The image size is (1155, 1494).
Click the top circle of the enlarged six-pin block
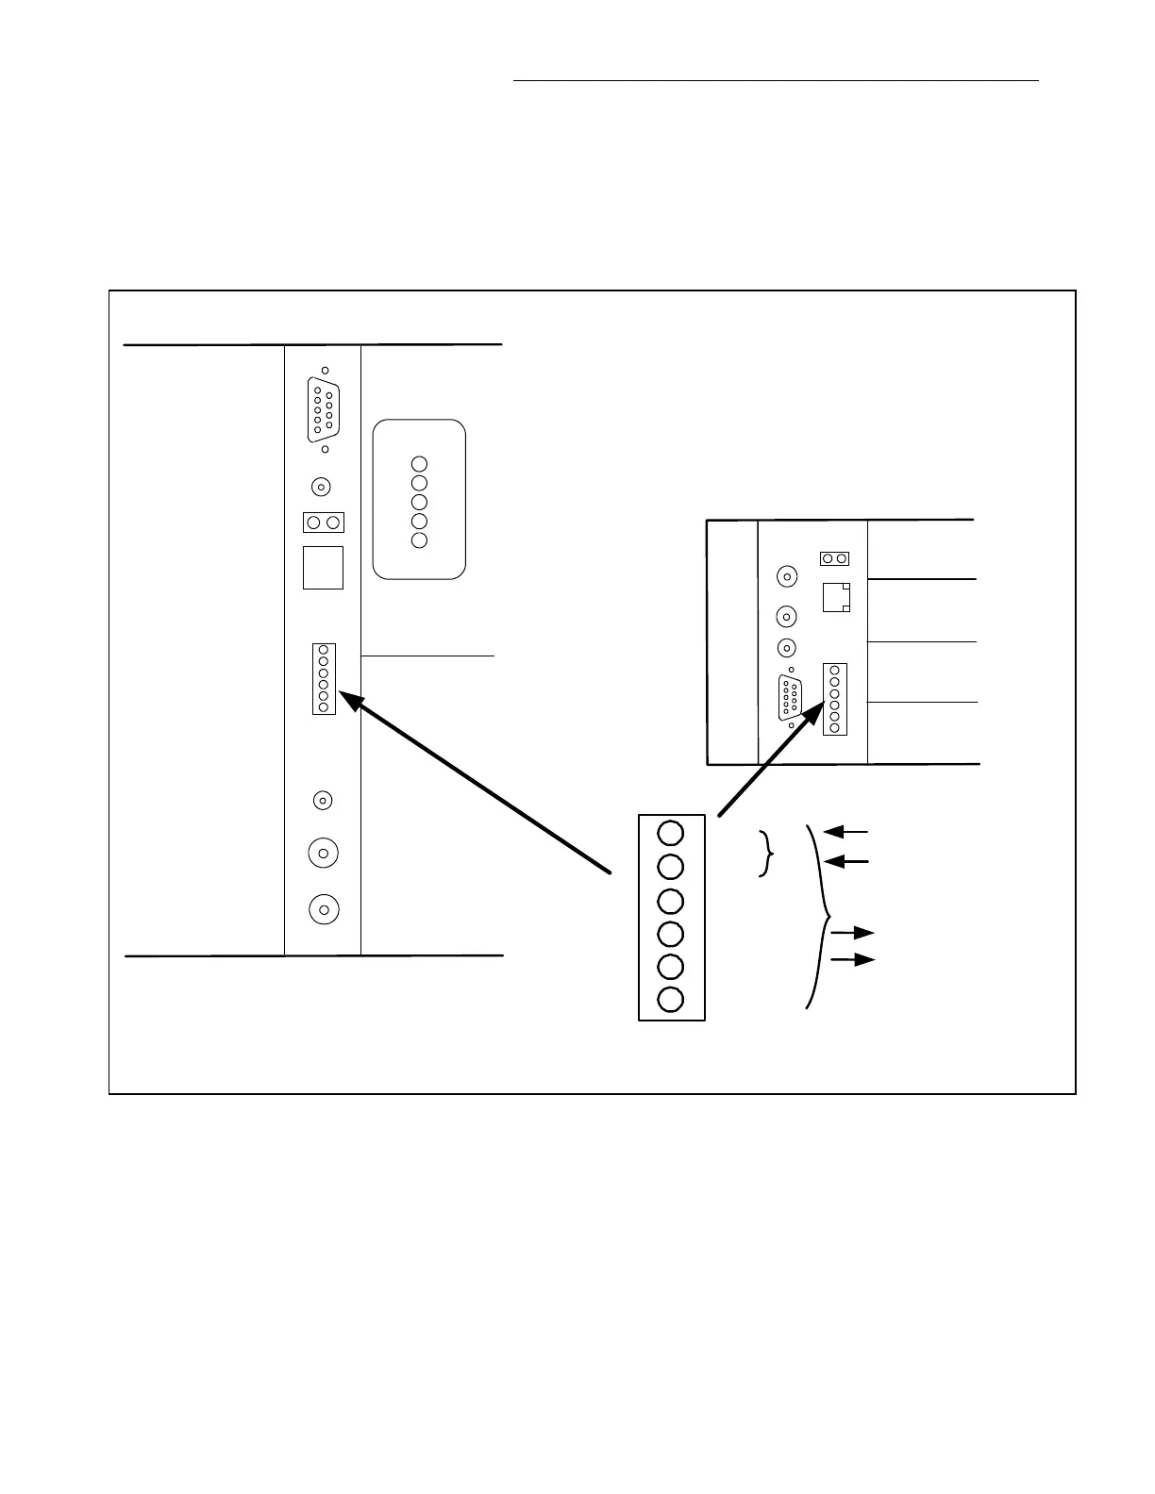coord(671,832)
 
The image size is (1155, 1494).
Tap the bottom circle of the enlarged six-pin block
coord(671,999)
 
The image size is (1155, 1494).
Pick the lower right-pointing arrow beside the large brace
coord(852,960)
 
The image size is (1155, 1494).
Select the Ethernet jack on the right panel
coord(836,597)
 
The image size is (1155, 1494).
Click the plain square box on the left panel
coord(323,568)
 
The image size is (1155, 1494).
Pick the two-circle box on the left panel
coord(323,523)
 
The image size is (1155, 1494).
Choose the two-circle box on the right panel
coord(834,558)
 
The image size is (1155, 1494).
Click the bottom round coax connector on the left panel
coord(324,909)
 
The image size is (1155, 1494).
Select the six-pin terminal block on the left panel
coord(324,679)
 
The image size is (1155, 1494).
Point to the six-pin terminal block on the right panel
coord(835,699)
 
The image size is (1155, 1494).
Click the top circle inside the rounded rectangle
coord(420,464)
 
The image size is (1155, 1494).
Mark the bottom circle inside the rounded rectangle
coord(420,540)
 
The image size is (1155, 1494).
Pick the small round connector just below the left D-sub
coord(321,487)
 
